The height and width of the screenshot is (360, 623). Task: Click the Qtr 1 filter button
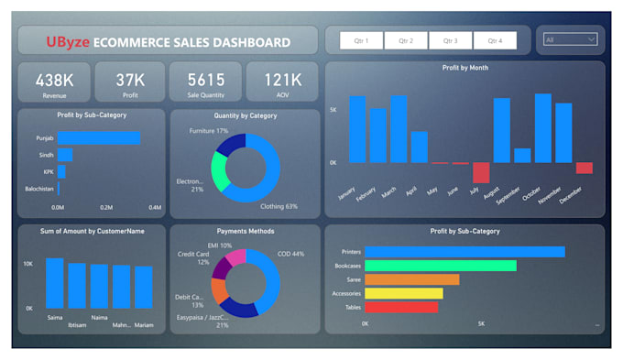click(x=361, y=40)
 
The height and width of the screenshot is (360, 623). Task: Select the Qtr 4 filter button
click(x=495, y=40)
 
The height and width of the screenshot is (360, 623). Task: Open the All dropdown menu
click(x=570, y=39)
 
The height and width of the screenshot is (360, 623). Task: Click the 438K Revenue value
click(x=54, y=80)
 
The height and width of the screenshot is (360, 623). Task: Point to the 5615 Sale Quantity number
click(x=205, y=80)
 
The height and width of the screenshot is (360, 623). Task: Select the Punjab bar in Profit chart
click(x=100, y=137)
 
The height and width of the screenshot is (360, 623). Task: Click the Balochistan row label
click(x=38, y=190)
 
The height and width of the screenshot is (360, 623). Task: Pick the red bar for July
click(x=481, y=172)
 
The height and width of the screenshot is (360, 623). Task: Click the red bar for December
click(x=584, y=168)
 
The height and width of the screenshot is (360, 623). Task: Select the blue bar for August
click(x=501, y=130)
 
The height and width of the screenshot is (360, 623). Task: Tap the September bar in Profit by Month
click(x=522, y=155)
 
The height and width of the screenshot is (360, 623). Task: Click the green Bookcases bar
click(x=441, y=266)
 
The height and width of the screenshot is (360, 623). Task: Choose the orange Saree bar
click(x=411, y=279)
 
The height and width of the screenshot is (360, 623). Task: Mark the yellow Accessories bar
click(x=403, y=293)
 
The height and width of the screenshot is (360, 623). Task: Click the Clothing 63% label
click(x=279, y=206)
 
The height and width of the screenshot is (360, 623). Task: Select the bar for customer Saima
click(x=55, y=283)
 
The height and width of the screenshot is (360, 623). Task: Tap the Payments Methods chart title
click(x=245, y=231)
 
